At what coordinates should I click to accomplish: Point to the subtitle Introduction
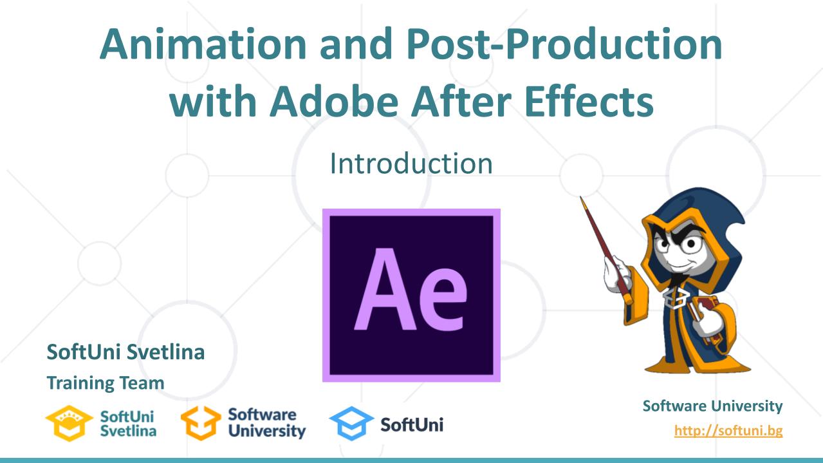tap(411, 164)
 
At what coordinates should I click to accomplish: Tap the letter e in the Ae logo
tap(441, 299)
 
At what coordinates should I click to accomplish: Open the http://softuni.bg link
tap(728, 430)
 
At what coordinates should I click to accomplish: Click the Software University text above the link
tap(712, 406)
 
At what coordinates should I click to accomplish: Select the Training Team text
tap(105, 383)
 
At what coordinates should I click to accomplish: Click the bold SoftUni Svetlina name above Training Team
tap(125, 352)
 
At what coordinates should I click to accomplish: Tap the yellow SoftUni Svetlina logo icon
tap(69, 423)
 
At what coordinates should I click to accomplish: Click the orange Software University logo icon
tap(200, 423)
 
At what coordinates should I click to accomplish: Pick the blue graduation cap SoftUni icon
tap(351, 423)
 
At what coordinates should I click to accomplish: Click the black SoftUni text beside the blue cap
tap(412, 424)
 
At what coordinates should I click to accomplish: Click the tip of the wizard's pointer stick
tap(583, 200)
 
